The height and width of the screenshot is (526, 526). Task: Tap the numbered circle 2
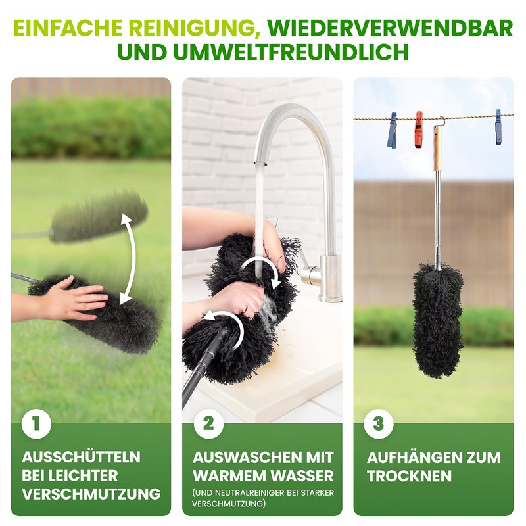click(x=208, y=424)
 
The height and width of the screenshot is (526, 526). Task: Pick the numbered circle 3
click(x=379, y=424)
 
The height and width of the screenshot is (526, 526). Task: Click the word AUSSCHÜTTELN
click(x=81, y=457)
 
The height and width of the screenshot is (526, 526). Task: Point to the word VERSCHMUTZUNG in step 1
click(x=91, y=493)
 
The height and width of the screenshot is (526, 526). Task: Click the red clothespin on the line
click(x=418, y=128)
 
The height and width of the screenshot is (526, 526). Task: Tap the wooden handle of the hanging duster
click(x=437, y=149)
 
